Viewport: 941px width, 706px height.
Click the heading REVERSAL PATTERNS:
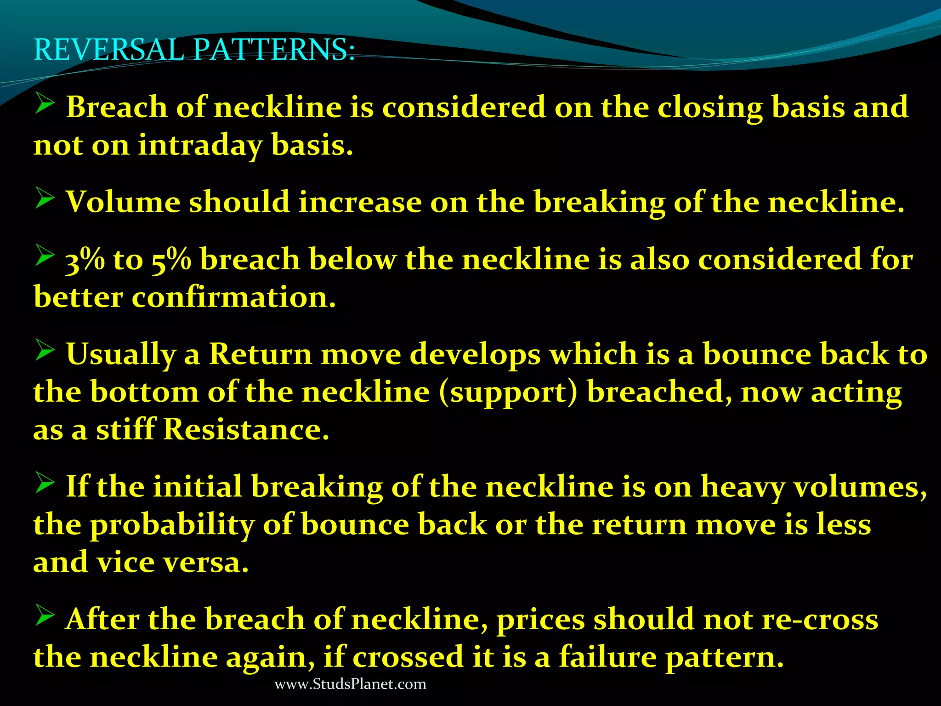click(194, 50)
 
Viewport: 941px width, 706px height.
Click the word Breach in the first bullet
click(117, 107)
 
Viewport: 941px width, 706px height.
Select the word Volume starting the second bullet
click(123, 202)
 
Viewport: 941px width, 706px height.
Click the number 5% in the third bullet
click(171, 260)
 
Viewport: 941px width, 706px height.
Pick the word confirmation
click(234, 297)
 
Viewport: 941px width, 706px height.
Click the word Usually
click(121, 355)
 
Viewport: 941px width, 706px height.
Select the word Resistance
click(246, 430)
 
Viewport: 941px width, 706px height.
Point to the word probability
click(172, 525)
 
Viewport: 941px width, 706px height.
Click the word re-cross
click(820, 619)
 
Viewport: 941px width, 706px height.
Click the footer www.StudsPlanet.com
click(350, 684)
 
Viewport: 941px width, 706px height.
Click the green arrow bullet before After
click(45, 615)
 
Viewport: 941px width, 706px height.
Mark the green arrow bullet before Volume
click(45, 199)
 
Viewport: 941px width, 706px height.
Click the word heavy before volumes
click(743, 487)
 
